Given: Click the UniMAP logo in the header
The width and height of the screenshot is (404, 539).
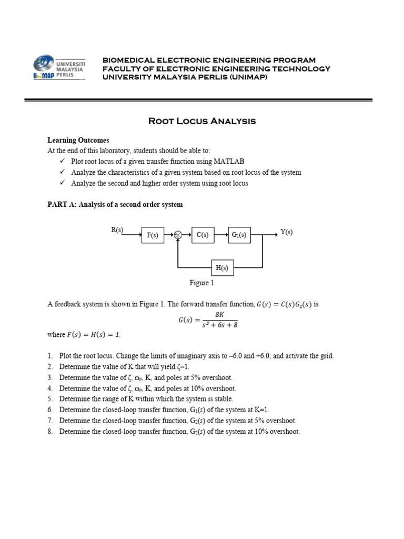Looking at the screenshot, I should [x=59, y=68].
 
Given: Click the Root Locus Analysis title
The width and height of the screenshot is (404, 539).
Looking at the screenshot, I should [x=202, y=122].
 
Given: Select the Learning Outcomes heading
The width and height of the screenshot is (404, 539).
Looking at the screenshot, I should [x=78, y=141].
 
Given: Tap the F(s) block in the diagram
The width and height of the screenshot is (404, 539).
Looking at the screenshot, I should [x=153, y=235].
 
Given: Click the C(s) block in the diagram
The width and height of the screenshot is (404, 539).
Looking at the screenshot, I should [x=202, y=235].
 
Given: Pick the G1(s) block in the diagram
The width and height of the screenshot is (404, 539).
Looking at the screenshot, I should [x=239, y=235].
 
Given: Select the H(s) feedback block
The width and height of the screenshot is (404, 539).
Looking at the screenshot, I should [x=221, y=268].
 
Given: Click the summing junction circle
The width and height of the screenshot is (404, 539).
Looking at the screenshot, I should [x=178, y=235].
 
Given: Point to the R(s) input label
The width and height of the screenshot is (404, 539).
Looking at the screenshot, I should [x=117, y=229].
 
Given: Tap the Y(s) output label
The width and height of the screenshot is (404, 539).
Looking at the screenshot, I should [x=287, y=232].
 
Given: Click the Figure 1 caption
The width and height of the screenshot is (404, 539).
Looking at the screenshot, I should [x=202, y=283].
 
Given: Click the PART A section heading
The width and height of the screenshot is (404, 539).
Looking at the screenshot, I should [x=115, y=204].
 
